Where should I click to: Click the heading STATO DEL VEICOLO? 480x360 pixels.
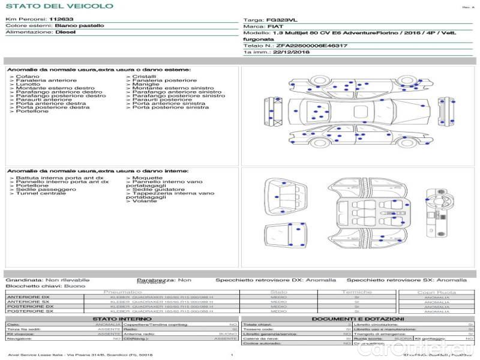click(x=59, y=7)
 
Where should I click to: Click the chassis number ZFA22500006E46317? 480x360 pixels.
click(x=311, y=46)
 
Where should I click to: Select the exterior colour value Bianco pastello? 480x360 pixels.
click(x=79, y=26)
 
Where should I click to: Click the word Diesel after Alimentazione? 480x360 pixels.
click(x=65, y=32)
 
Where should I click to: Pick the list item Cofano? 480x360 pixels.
click(x=28, y=77)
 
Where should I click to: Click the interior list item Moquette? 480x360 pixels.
click(x=147, y=178)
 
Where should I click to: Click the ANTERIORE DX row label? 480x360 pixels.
click(x=28, y=297)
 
